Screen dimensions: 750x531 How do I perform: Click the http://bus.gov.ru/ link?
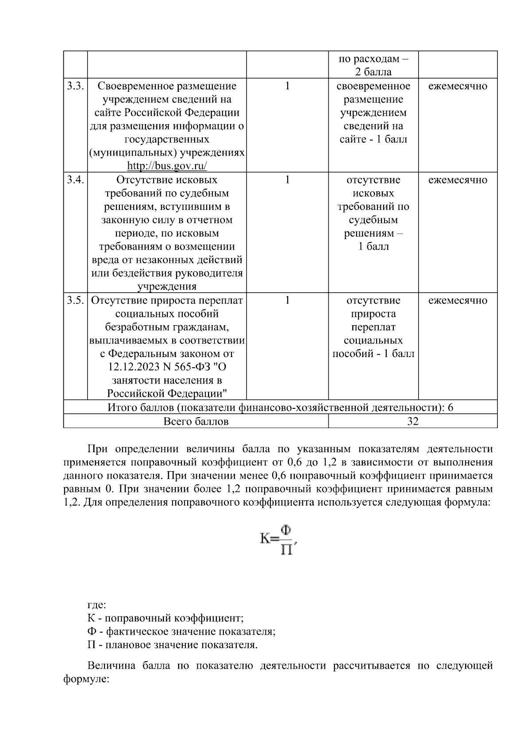click(x=167, y=166)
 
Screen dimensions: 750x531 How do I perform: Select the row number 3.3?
click(x=75, y=86)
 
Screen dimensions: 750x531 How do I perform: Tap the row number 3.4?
click(x=75, y=180)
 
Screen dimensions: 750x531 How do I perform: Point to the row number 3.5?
click(x=75, y=301)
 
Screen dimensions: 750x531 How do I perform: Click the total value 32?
click(x=412, y=421)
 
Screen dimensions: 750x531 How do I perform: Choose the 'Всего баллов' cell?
click(x=196, y=421)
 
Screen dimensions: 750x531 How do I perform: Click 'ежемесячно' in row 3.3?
click(x=458, y=86)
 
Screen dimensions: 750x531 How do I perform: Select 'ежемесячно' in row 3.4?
click(x=458, y=180)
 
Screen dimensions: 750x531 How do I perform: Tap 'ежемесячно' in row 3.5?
click(x=458, y=301)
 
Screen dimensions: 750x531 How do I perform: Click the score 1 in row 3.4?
click(x=287, y=180)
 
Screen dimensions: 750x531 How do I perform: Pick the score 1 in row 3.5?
click(x=287, y=301)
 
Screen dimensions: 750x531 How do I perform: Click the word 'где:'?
click(x=96, y=605)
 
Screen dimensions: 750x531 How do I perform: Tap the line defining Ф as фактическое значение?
click(x=181, y=631)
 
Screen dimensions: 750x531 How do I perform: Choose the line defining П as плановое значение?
click(x=173, y=645)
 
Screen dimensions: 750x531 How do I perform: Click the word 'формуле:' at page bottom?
click(x=86, y=679)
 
